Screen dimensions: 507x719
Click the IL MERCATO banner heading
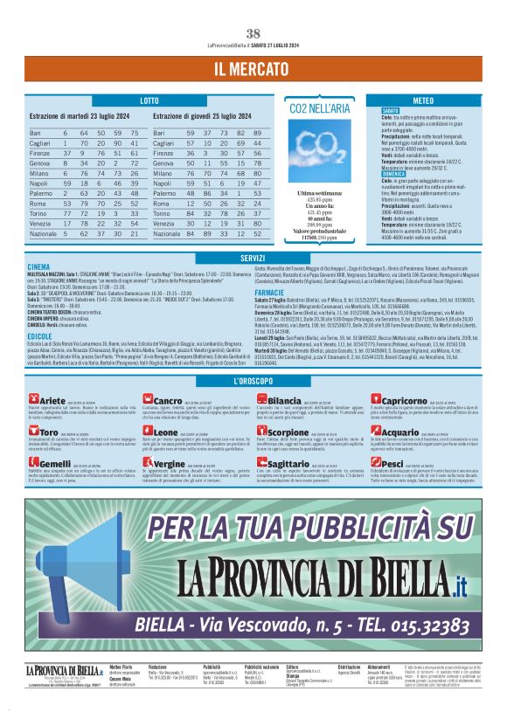pos(253,68)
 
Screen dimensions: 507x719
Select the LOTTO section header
pos(149,100)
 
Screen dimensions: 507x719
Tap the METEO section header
pos(422,100)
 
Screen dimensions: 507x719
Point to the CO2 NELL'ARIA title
pos(319,109)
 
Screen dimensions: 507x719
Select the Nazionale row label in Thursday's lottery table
pos(167,234)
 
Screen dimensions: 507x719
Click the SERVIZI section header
pos(253,258)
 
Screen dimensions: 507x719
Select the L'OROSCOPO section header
pos(253,383)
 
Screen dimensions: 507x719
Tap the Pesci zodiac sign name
pos(392,463)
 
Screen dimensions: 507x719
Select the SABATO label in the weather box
pos(390,112)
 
